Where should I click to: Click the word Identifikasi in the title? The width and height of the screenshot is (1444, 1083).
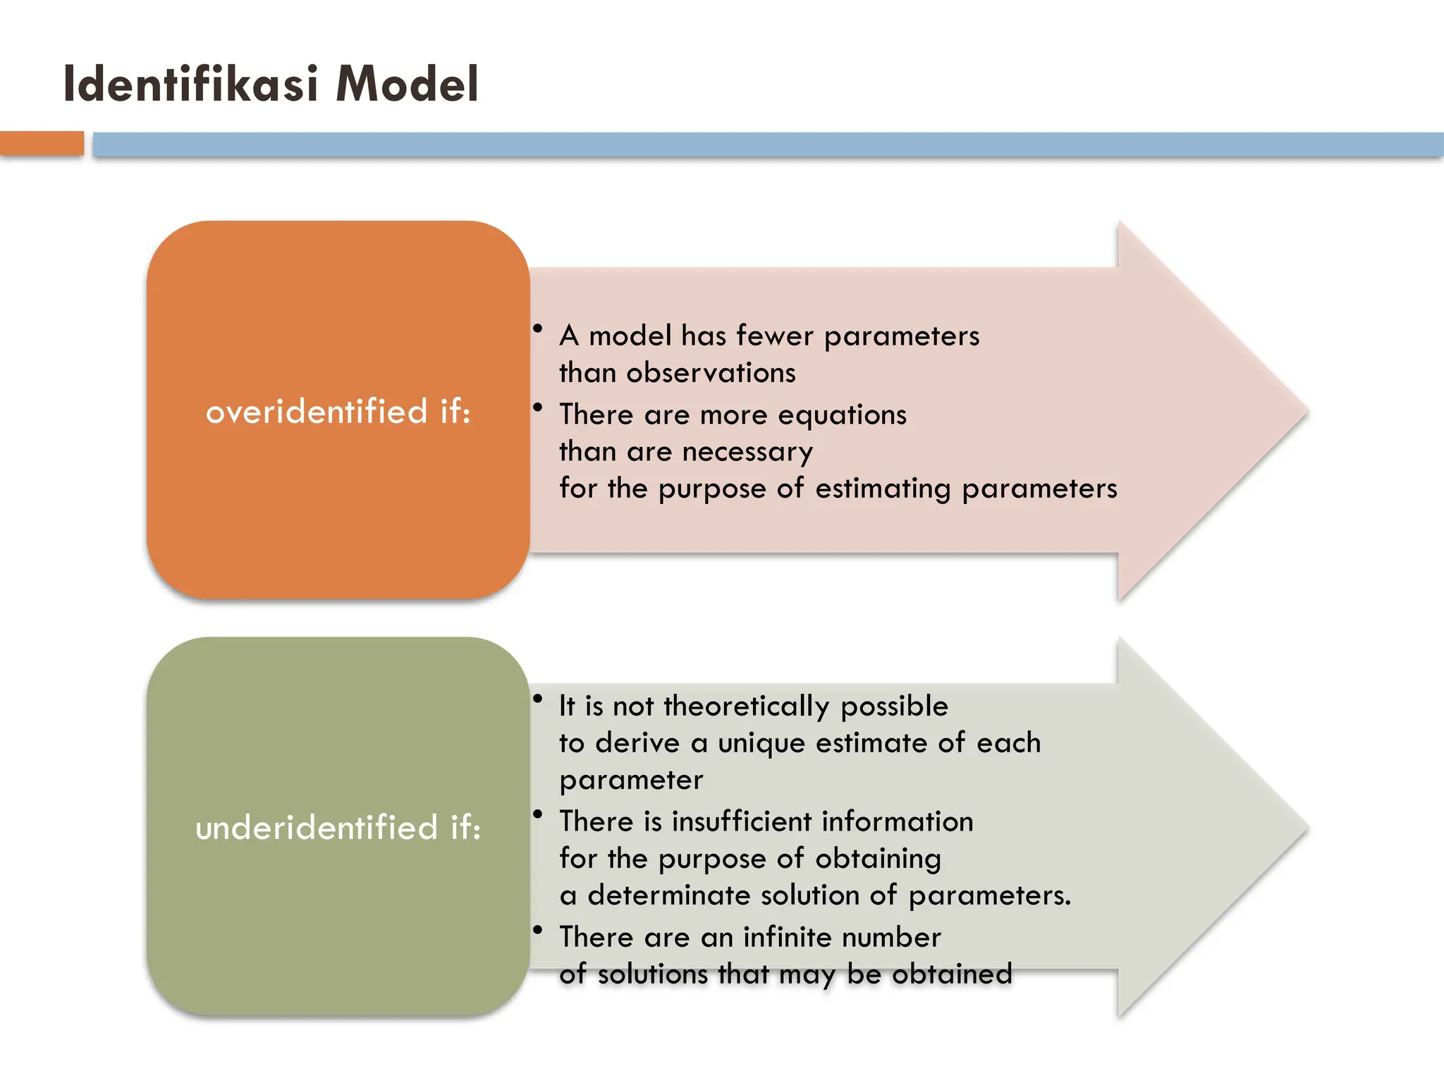click(191, 84)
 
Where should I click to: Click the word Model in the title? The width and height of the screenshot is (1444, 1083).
click(408, 84)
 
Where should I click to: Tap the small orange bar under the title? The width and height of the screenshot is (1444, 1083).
click(42, 143)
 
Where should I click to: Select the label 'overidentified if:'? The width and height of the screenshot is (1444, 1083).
click(338, 412)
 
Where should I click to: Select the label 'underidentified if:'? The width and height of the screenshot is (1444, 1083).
click(338, 828)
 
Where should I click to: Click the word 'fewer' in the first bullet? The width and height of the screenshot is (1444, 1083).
click(775, 336)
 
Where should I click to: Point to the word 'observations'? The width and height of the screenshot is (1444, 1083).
click(711, 373)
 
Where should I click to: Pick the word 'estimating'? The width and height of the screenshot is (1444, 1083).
click(883, 489)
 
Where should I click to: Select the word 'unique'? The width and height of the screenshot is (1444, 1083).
click(761, 744)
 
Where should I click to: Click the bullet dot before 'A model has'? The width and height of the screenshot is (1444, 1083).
click(538, 329)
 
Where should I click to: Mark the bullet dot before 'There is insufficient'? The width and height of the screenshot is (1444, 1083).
click(538, 814)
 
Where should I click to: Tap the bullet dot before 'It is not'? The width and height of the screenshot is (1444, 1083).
click(538, 699)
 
